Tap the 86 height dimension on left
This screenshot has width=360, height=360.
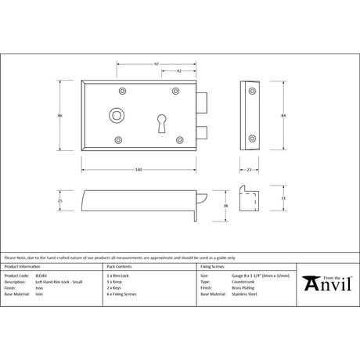[59, 116]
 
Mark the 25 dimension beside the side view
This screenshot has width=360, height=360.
[59, 201]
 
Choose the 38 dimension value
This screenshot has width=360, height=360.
[227, 205]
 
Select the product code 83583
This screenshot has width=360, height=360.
[41, 276]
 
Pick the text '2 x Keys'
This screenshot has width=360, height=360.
[115, 288]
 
